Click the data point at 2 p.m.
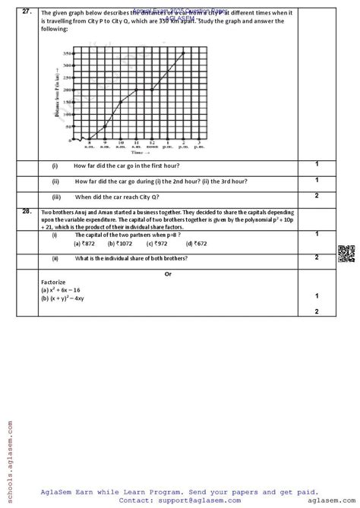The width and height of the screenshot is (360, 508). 182,53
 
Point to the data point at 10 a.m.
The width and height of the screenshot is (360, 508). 120,102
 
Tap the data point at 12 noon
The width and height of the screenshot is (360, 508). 151,90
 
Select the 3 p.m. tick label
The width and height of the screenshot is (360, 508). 198,145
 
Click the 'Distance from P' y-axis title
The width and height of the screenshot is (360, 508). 57,96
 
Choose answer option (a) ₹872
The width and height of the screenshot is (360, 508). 84,244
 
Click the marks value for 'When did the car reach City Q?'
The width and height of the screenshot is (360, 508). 317,196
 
